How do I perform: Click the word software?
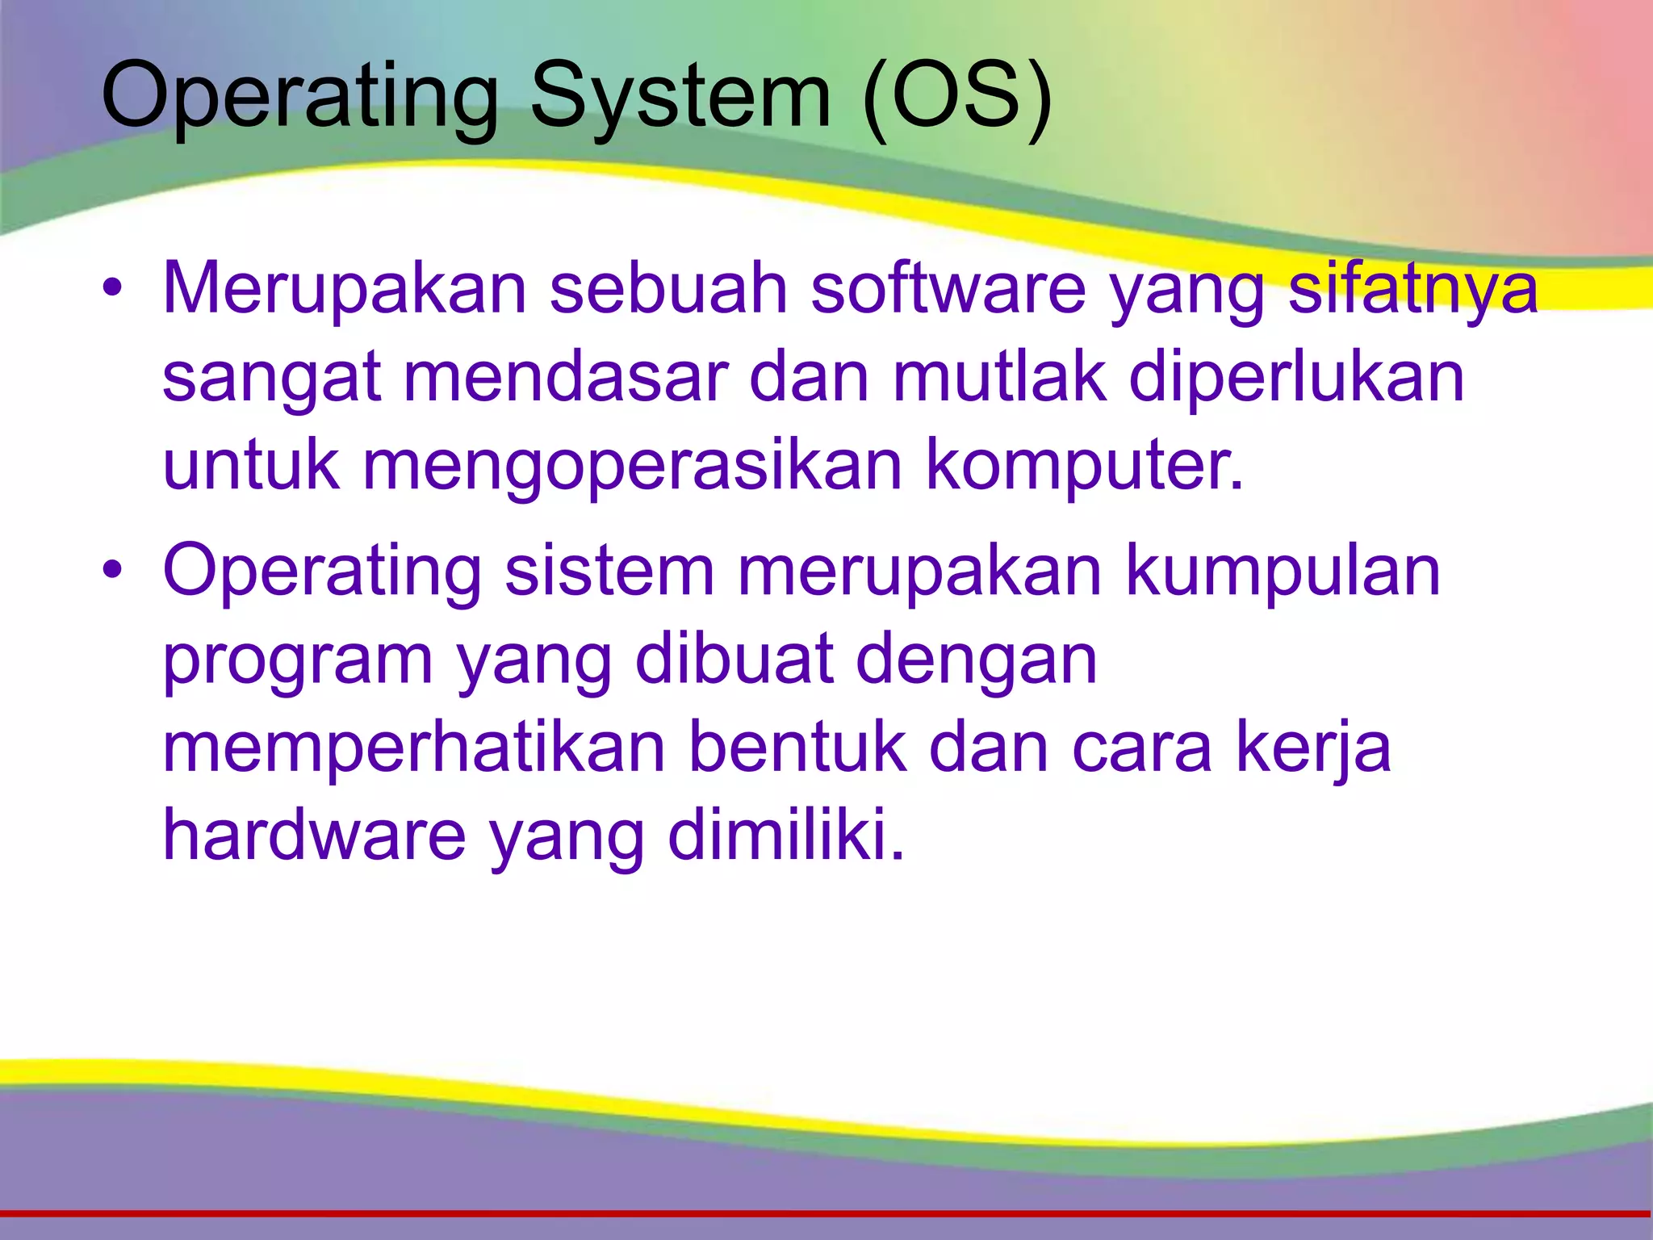pyautogui.click(x=949, y=288)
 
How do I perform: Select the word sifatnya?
pyautogui.click(x=1413, y=288)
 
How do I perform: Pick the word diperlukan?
pyautogui.click(x=1296, y=378)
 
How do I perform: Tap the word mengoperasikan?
pyautogui.click(x=632, y=467)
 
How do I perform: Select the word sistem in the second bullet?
pyautogui.click(x=609, y=570)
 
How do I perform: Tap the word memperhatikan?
pyautogui.click(x=414, y=747)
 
